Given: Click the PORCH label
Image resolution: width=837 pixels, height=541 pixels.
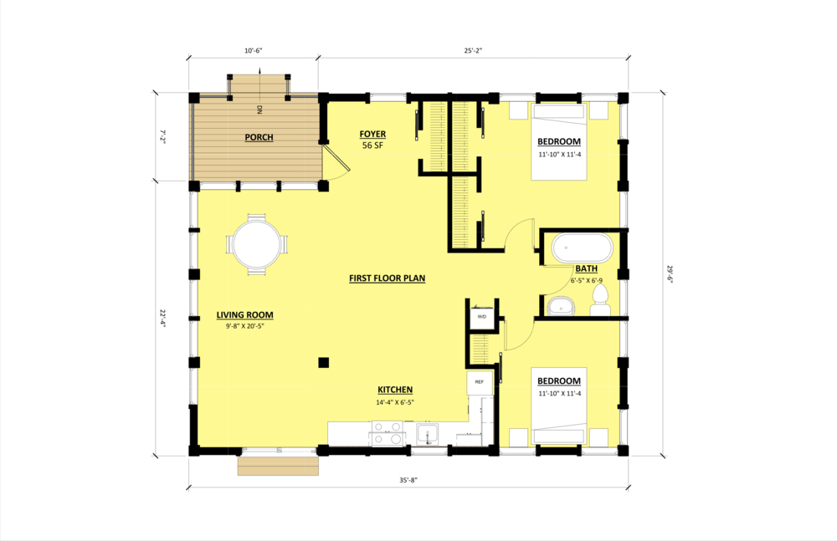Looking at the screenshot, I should point(259,137).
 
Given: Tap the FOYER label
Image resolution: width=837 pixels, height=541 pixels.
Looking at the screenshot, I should point(372,134).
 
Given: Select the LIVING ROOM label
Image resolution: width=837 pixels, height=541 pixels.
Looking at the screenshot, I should point(244,315).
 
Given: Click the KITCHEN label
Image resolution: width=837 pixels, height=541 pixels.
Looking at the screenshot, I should point(394,390).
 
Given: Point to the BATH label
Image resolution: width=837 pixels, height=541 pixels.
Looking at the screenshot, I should point(586,268).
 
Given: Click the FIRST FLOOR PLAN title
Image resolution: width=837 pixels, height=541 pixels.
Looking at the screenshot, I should point(387,278).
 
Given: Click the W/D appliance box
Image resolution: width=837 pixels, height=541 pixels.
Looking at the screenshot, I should point(482,317).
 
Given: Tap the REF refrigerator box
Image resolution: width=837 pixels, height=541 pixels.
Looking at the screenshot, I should point(480,381).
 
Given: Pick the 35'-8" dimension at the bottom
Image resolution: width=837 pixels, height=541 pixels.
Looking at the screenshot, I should point(408,480).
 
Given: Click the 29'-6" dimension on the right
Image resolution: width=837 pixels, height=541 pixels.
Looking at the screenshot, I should point(669,274).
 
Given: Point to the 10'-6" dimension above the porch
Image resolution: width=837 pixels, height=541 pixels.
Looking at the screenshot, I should point(253,51).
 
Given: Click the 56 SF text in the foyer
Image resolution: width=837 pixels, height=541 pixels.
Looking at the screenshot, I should point(372,145).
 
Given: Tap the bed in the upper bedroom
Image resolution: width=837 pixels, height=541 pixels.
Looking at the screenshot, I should point(559,142).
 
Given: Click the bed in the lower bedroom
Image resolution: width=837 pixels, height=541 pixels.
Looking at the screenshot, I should point(559,405).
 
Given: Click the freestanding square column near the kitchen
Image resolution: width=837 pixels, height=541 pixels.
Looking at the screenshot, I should point(323,362).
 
